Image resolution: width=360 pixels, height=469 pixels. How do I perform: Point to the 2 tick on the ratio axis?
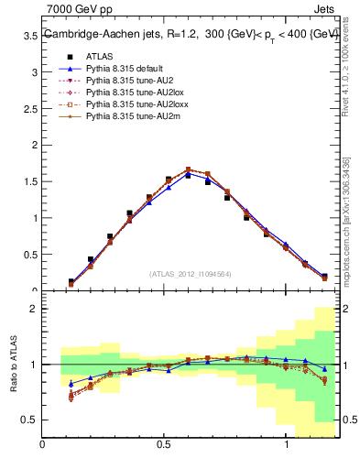tap(34, 309)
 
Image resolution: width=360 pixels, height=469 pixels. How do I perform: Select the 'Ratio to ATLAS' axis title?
tap(12, 364)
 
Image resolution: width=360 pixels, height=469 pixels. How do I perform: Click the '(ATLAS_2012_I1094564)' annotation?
tap(190, 273)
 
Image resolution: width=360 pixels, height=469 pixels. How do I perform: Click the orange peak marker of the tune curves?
tap(188, 169)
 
